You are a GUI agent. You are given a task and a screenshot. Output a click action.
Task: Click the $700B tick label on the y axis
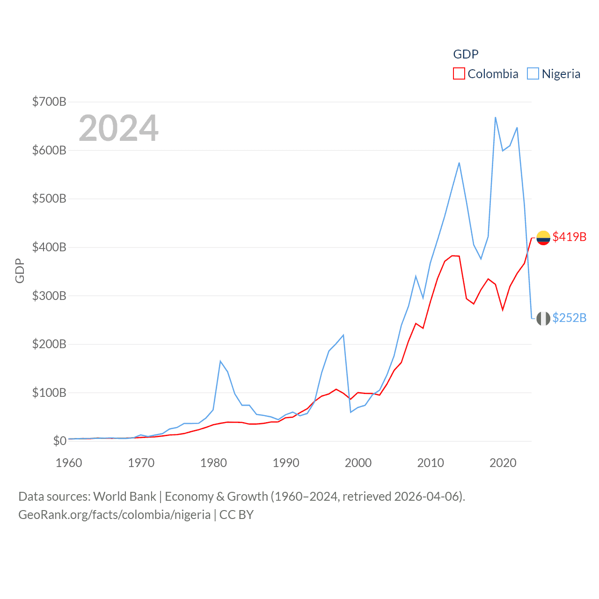pyautogui.click(x=49, y=102)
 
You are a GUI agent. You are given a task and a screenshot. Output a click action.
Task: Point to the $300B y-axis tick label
pyautogui.click(x=49, y=296)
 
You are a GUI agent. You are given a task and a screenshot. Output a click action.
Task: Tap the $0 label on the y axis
pyautogui.click(x=59, y=441)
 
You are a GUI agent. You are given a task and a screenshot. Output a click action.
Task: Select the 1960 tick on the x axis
pyautogui.click(x=69, y=463)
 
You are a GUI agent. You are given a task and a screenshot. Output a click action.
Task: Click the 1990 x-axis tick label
pyautogui.click(x=285, y=463)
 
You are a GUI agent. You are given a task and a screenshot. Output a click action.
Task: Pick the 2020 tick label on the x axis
pyautogui.click(x=503, y=463)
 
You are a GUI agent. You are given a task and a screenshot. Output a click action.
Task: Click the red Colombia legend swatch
pyautogui.click(x=459, y=74)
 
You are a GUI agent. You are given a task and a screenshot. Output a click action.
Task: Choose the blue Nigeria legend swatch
pyautogui.click(x=533, y=74)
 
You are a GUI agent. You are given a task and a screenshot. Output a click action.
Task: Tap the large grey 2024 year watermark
pyautogui.click(x=118, y=128)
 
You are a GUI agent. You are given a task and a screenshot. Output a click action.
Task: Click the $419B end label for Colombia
pyautogui.click(x=569, y=237)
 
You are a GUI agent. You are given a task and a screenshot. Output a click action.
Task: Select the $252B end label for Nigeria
pyautogui.click(x=569, y=318)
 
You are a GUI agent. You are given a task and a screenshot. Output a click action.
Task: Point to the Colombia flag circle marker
pyautogui.click(x=543, y=238)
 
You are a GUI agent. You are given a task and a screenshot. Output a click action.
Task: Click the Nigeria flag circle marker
pyautogui.click(x=543, y=319)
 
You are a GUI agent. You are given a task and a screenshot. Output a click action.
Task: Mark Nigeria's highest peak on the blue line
pyautogui.click(x=495, y=117)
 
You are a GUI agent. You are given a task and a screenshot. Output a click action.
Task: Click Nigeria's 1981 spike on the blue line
pyautogui.click(x=220, y=361)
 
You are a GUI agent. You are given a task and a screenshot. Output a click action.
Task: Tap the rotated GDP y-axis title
pyautogui.click(x=20, y=270)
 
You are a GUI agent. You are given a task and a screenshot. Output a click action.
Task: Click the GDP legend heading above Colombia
pyautogui.click(x=466, y=54)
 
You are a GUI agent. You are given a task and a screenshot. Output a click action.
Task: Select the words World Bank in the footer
pyautogui.click(x=124, y=496)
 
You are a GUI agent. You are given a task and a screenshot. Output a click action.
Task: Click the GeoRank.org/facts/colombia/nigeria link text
pyautogui.click(x=115, y=515)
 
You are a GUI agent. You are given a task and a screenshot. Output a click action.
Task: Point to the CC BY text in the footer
pyautogui.click(x=236, y=515)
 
